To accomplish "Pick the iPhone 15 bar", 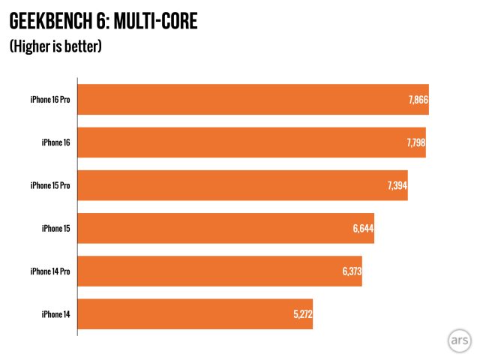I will [x=226, y=228].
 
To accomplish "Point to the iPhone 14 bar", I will [x=195, y=314].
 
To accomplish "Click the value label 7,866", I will [x=418, y=100].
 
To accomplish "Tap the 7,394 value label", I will [x=397, y=186].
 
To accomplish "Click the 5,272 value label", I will [x=302, y=314].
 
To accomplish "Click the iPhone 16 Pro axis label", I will [x=50, y=100].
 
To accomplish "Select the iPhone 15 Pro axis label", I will [x=50, y=185].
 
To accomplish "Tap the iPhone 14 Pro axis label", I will [x=50, y=271].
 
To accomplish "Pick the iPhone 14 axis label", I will [x=56, y=314].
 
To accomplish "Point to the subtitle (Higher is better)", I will [x=55, y=47].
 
